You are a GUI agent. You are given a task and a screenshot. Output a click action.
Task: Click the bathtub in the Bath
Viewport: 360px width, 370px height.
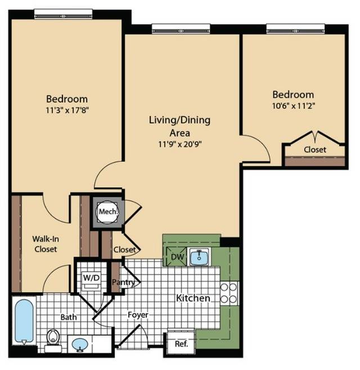tap(24, 321)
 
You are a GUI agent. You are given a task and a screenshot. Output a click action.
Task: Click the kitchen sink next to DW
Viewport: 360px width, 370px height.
tap(199, 257)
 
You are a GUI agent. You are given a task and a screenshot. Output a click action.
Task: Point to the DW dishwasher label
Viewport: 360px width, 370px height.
tap(177, 257)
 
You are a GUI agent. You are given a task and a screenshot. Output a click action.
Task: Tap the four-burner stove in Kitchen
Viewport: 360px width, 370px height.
tap(229, 293)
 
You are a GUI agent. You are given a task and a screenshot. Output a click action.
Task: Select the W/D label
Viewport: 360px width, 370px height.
tap(91, 278)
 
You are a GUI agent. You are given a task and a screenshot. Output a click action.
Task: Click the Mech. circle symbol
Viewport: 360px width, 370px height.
tap(108, 211)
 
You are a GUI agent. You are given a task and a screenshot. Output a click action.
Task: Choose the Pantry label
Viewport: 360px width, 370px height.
tap(123, 282)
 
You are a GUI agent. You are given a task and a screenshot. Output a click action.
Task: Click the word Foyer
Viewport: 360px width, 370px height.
tap(138, 315)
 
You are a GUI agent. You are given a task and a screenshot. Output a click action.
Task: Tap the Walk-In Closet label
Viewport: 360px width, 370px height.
tap(46, 244)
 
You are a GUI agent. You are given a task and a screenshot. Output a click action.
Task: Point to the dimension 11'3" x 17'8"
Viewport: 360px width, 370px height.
tap(67, 110)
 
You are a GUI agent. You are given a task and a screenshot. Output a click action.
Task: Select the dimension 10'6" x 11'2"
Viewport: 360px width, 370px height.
tap(294, 106)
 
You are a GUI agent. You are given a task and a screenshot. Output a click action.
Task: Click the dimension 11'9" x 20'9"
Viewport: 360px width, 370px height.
tap(180, 144)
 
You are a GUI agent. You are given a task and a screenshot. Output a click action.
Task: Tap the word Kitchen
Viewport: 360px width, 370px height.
tap(193, 298)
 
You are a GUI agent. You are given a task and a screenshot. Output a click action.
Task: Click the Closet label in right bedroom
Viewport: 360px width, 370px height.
tap(315, 149)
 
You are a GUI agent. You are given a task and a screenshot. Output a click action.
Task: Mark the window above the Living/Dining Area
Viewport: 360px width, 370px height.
tap(181, 29)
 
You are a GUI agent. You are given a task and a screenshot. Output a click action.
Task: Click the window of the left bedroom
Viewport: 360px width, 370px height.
tap(63, 14)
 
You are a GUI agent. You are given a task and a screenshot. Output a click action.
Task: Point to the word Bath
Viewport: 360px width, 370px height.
tap(69, 317)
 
